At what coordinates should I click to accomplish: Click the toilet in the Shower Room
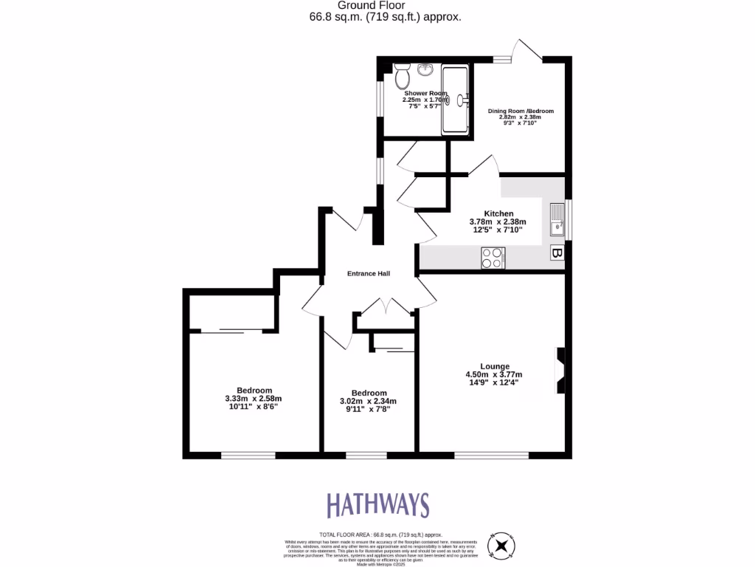402,76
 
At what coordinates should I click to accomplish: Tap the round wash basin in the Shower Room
425,71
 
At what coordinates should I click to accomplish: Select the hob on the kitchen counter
493,258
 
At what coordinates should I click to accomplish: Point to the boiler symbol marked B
556,254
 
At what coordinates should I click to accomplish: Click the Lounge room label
495,366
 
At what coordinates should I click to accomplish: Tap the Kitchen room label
498,213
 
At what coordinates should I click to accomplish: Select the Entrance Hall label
369,273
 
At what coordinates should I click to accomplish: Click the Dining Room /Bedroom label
521,111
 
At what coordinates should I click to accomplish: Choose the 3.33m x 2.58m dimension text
254,399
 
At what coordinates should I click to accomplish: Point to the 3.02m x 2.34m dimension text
368,401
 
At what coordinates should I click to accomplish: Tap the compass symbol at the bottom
502,546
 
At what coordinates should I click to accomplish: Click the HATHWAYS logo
377,505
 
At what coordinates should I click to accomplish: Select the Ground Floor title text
377,5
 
